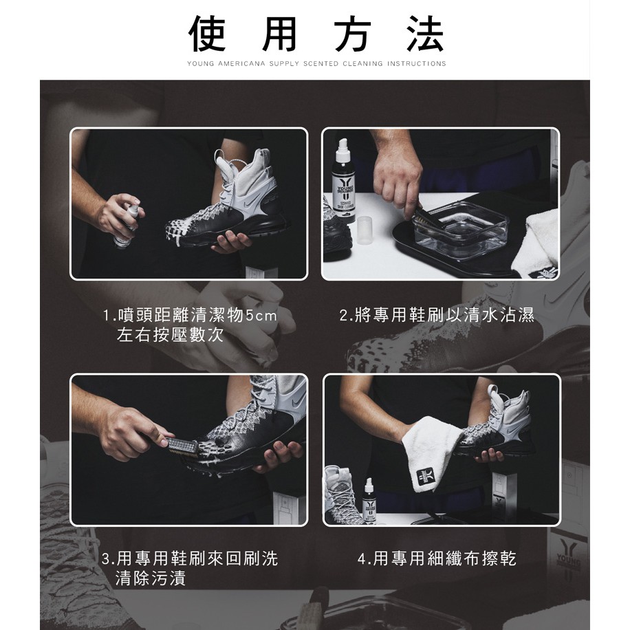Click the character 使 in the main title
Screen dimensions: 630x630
(x=207, y=34)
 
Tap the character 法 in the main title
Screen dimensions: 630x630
(x=425, y=34)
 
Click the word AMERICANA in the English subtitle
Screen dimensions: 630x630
(x=241, y=63)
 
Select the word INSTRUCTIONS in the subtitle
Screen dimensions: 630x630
(x=416, y=63)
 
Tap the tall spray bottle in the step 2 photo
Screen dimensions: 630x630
(x=343, y=180)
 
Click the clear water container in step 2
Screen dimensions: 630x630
(x=461, y=228)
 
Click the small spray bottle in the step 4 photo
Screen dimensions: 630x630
(x=369, y=500)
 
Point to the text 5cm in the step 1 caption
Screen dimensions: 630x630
(x=261, y=316)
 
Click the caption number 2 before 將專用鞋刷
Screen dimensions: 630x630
(x=343, y=316)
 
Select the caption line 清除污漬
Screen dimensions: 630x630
(x=150, y=578)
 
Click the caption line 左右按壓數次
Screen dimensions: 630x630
(x=170, y=335)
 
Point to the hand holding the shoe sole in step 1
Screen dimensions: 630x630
(x=231, y=242)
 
